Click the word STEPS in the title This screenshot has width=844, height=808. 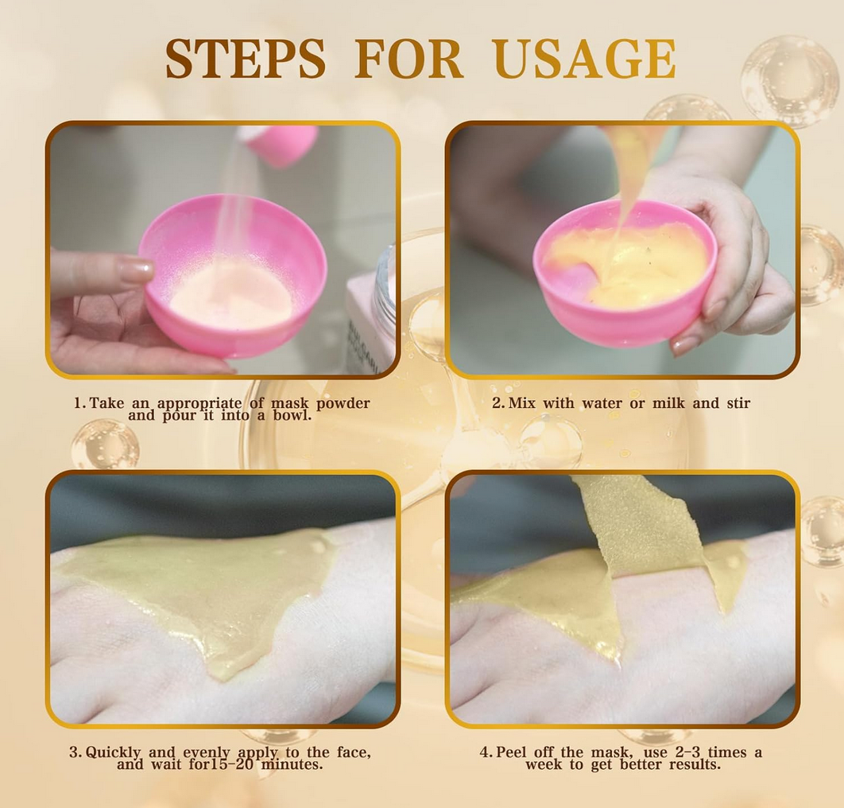tap(246, 59)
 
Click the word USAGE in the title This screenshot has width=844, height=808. tap(585, 59)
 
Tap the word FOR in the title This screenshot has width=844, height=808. tap(409, 59)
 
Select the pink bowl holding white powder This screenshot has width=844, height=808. tap(233, 275)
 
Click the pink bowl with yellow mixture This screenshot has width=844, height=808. tap(625, 273)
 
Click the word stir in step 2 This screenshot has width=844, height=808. tap(738, 403)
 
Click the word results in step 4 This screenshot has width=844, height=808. tap(695, 765)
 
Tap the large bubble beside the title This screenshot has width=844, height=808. tap(790, 81)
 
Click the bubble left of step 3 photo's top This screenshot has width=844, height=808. tap(105, 444)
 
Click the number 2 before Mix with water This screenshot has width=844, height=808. tap(497, 403)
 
